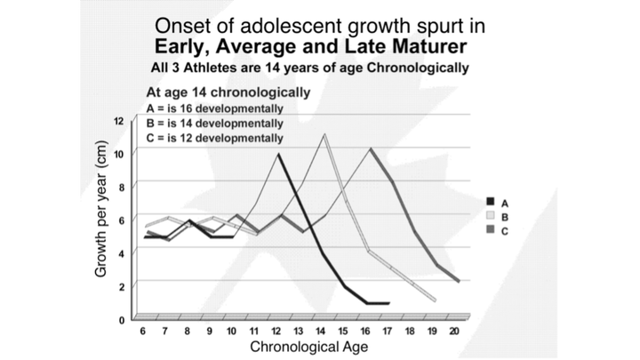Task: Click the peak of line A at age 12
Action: coord(278,155)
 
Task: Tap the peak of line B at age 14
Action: coord(324,134)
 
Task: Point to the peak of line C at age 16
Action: coord(370,148)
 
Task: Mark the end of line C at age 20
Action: coord(459,281)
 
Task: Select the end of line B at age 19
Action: coord(435,300)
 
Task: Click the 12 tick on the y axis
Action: coord(118,120)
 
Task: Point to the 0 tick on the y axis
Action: coord(119,318)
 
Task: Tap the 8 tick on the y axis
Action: coord(119,186)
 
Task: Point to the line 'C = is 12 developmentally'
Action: coord(215,138)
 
